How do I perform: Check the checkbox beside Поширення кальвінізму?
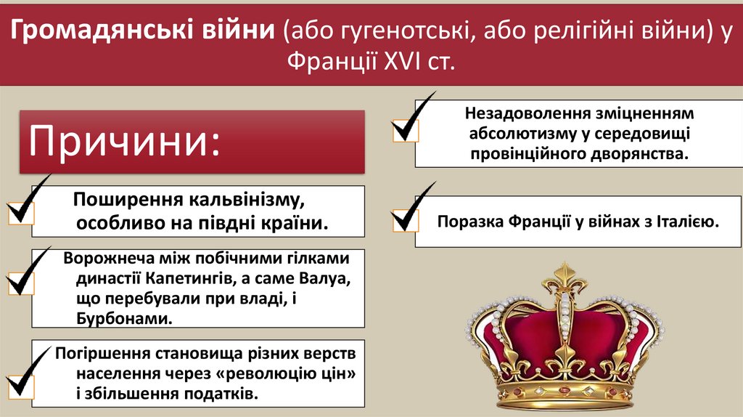point(20,213)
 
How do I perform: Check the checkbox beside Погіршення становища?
point(19,382)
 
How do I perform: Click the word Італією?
point(686,222)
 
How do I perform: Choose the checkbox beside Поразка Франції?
point(403,220)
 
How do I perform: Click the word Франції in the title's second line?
point(328,62)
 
